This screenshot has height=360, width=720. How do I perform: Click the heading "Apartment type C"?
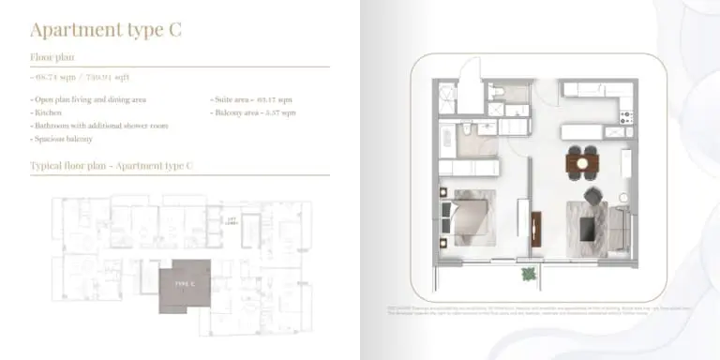click(x=106, y=29)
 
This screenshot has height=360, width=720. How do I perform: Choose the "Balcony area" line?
click(x=254, y=112)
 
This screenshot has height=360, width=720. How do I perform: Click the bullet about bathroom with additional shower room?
click(x=99, y=126)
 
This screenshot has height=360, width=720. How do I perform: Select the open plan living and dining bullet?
click(x=89, y=98)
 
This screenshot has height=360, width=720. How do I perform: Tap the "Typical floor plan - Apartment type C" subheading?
click(x=111, y=166)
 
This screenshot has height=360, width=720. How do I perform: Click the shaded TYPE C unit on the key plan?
click(x=185, y=282)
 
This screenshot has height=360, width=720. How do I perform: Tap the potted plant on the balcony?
click(x=530, y=274)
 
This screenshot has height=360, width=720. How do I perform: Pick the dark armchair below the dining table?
click(x=593, y=196)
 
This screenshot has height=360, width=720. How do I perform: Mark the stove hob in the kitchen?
click(x=627, y=117)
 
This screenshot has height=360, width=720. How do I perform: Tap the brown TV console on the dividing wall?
click(x=535, y=230)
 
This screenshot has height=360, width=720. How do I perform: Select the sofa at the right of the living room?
click(x=620, y=228)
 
